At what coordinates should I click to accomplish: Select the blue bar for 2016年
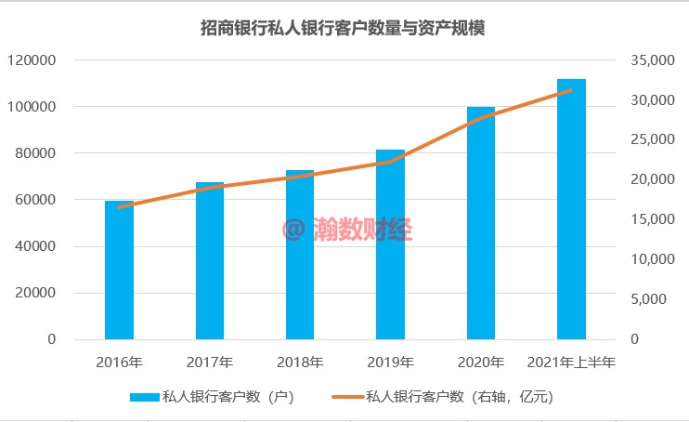pyautogui.click(x=119, y=270)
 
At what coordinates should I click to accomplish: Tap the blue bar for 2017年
pyautogui.click(x=210, y=260)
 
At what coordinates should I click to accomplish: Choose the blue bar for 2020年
pyautogui.click(x=481, y=223)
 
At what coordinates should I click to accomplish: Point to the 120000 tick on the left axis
pyautogui.click(x=32, y=60)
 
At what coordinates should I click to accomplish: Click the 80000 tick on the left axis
pyautogui.click(x=35, y=153)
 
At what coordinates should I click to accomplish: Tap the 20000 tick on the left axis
pyautogui.click(x=35, y=293)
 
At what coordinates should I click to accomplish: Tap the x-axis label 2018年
pyautogui.click(x=300, y=363)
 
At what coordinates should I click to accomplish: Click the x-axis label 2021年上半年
pyautogui.click(x=571, y=363)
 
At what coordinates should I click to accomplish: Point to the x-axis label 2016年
pyautogui.click(x=119, y=363)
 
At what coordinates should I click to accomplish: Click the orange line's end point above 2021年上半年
pyautogui.click(x=571, y=90)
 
